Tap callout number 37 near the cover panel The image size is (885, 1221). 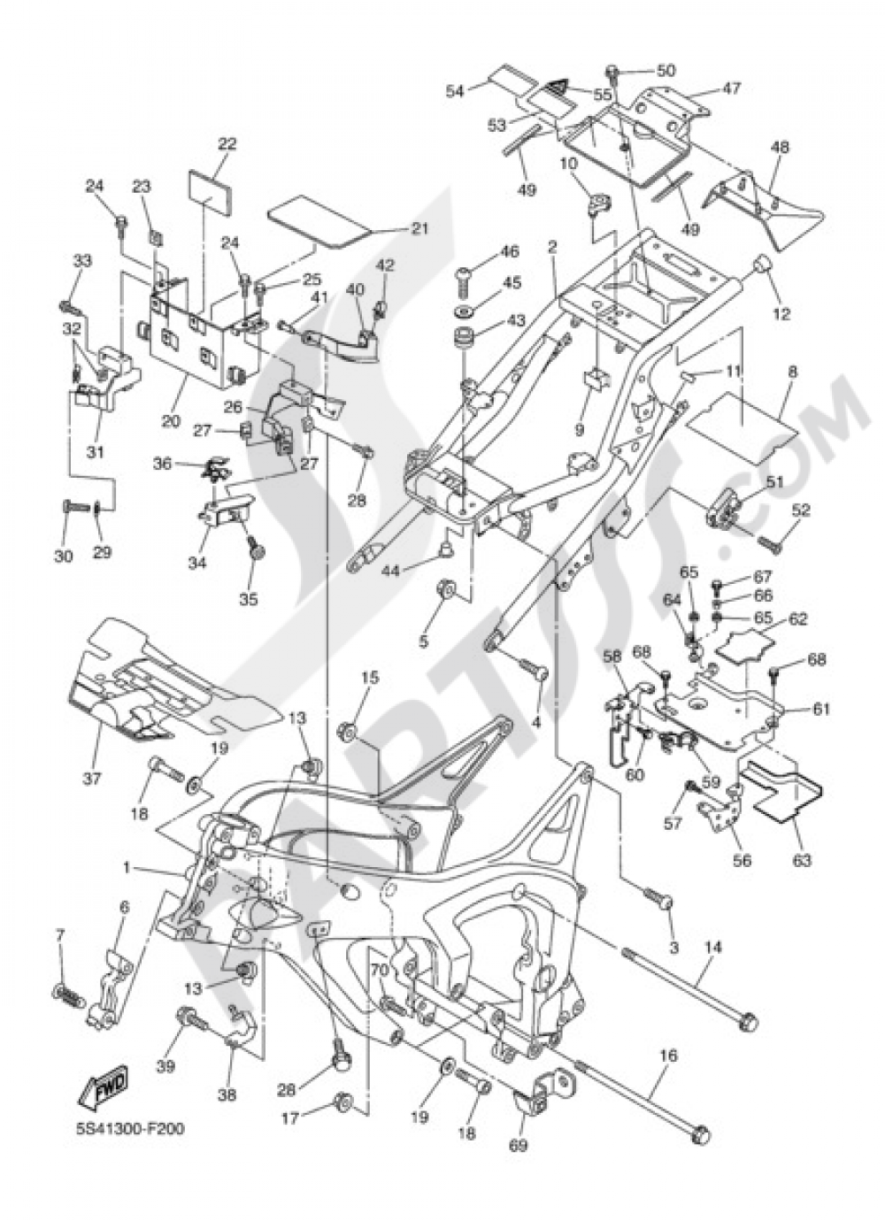(x=92, y=778)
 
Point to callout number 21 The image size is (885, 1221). (x=419, y=228)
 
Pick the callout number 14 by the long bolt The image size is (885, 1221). (x=713, y=948)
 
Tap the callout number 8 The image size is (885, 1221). (x=791, y=372)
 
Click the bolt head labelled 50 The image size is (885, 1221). (x=612, y=71)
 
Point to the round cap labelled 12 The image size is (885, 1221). (x=759, y=265)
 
